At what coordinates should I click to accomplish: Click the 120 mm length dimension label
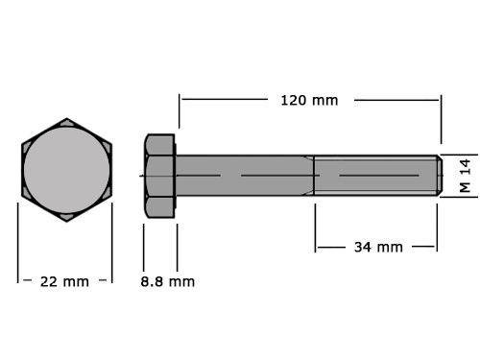[x=309, y=101]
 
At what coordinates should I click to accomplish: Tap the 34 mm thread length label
[x=378, y=247]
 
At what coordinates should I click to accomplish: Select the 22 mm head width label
[x=64, y=282]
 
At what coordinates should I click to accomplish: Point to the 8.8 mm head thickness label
[x=167, y=282]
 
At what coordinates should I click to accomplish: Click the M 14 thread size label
[x=465, y=176]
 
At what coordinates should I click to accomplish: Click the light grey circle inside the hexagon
[x=66, y=170]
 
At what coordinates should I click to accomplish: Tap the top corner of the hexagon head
[x=66, y=118]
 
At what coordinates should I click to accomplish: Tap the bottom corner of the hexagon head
[x=66, y=222]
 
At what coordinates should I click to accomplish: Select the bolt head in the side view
[x=159, y=176]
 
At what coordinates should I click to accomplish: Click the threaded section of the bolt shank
[x=375, y=176]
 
